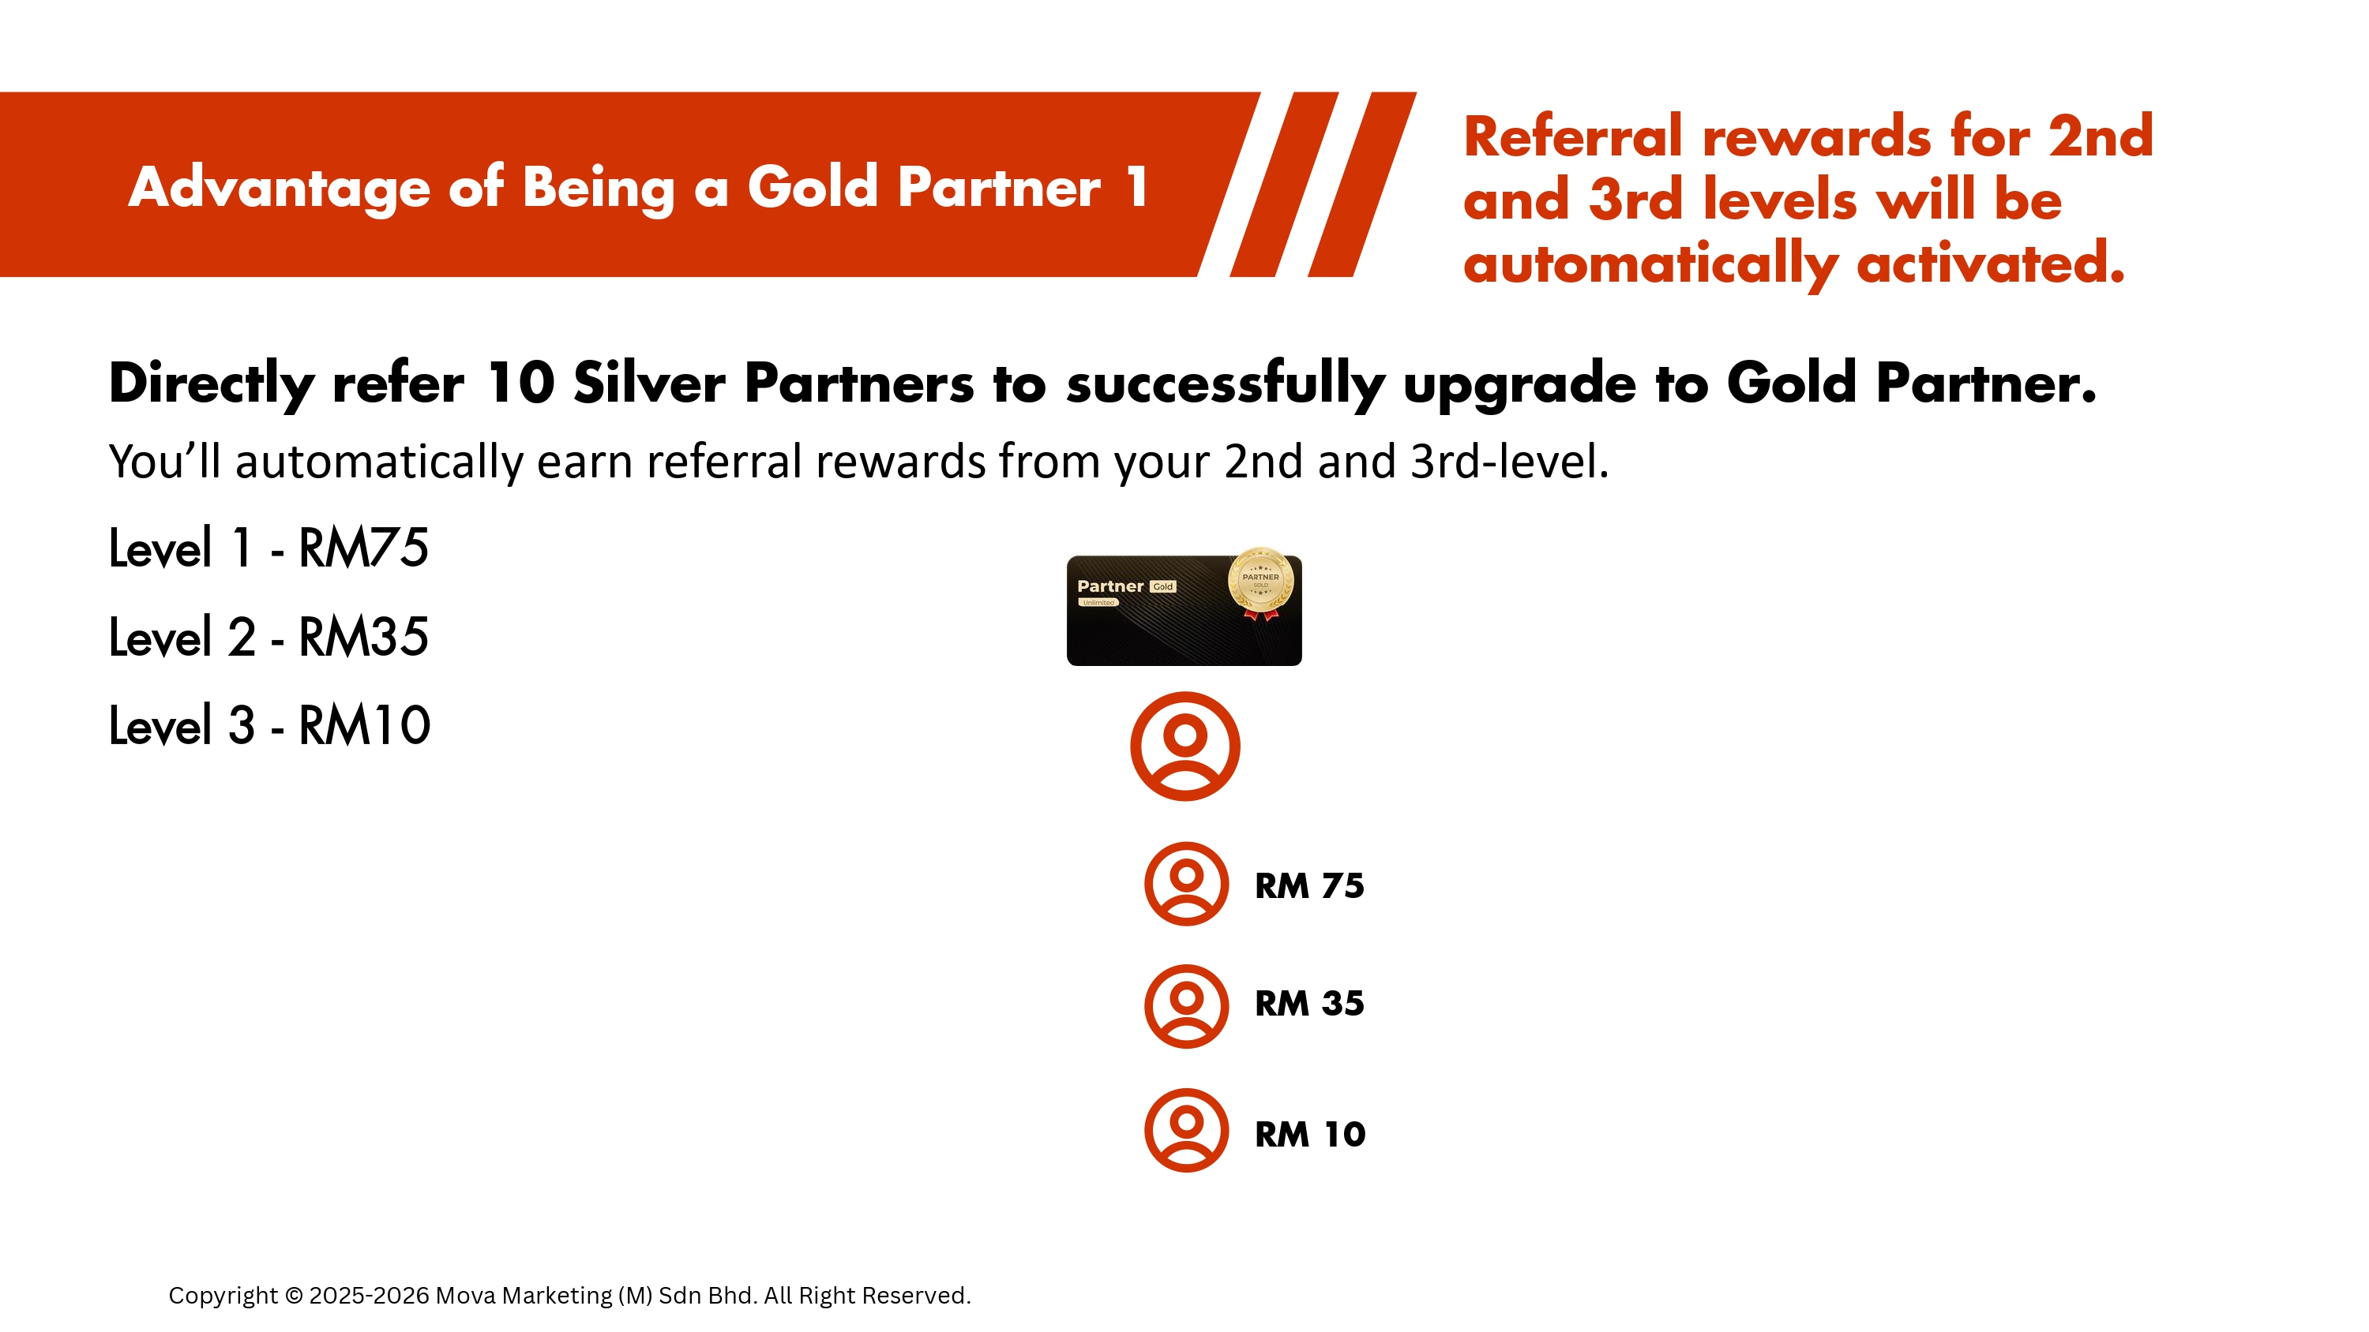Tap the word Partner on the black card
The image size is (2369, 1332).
tap(1110, 586)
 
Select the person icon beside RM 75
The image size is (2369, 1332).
tap(1186, 884)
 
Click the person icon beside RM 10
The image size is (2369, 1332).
tap(1186, 1130)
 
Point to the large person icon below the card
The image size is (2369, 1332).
tap(1185, 746)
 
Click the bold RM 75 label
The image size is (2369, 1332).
tap(1309, 885)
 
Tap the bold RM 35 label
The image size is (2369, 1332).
tap(1309, 1003)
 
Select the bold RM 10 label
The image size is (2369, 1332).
tap(1311, 1135)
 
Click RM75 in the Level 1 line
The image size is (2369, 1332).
tap(364, 548)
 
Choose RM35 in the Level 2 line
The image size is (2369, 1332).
tap(364, 636)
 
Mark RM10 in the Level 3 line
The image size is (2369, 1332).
tap(365, 725)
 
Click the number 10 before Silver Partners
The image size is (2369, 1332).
tap(520, 383)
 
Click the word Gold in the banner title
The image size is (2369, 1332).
tap(813, 186)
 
